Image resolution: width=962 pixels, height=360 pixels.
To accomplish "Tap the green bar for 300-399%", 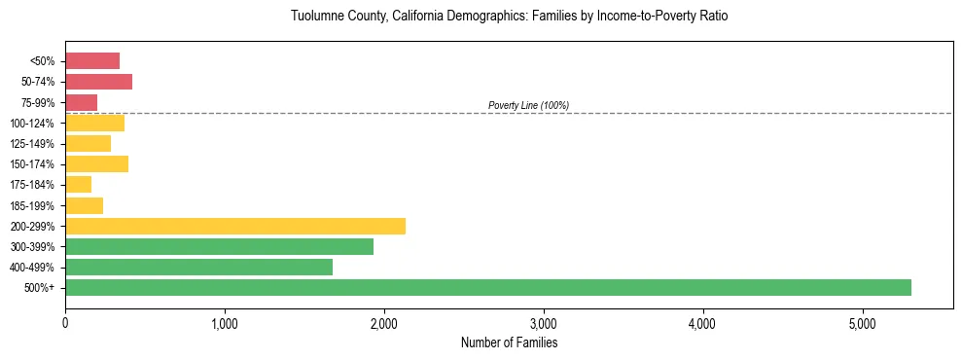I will coord(219,246).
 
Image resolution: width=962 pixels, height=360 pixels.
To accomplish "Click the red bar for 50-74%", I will coord(98,81).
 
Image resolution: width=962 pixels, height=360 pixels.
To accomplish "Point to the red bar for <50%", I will coord(92,60).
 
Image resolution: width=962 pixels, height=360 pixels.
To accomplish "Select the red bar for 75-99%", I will coord(81,102).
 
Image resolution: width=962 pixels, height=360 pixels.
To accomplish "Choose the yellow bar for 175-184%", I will coord(78,184).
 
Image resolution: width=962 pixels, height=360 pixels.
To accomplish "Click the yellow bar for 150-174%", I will coord(96,163).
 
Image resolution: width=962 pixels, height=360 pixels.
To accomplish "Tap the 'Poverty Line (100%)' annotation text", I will coord(528,105).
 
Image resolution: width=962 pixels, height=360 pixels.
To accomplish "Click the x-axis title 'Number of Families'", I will coord(509,342).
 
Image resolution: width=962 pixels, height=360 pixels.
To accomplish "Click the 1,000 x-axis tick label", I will coord(225,323).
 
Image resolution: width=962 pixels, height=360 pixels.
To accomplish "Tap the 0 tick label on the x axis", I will coord(65,323).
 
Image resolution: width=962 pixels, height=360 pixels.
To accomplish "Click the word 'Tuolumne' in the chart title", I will coord(315,17).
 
